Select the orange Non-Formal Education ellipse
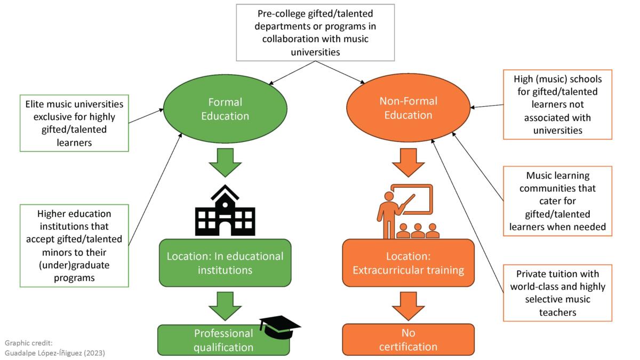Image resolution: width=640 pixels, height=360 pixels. tap(409, 108)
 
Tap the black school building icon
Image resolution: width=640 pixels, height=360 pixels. tap(225, 210)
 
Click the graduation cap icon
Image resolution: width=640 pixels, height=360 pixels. tap(279, 326)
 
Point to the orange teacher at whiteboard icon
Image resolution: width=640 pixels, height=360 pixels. tap(407, 211)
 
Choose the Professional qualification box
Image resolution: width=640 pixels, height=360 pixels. tap(223, 340)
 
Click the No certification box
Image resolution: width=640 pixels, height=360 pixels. tap(408, 340)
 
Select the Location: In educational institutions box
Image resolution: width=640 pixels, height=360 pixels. tap(225, 262)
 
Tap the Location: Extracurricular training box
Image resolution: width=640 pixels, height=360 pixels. tap(408, 262)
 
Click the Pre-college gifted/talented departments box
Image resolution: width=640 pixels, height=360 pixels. tap(315, 32)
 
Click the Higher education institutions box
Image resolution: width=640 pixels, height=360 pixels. tap(74, 245)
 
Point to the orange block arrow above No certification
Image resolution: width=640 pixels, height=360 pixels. tap(408, 306)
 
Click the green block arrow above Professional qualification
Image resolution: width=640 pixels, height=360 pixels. tap(225, 306)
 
